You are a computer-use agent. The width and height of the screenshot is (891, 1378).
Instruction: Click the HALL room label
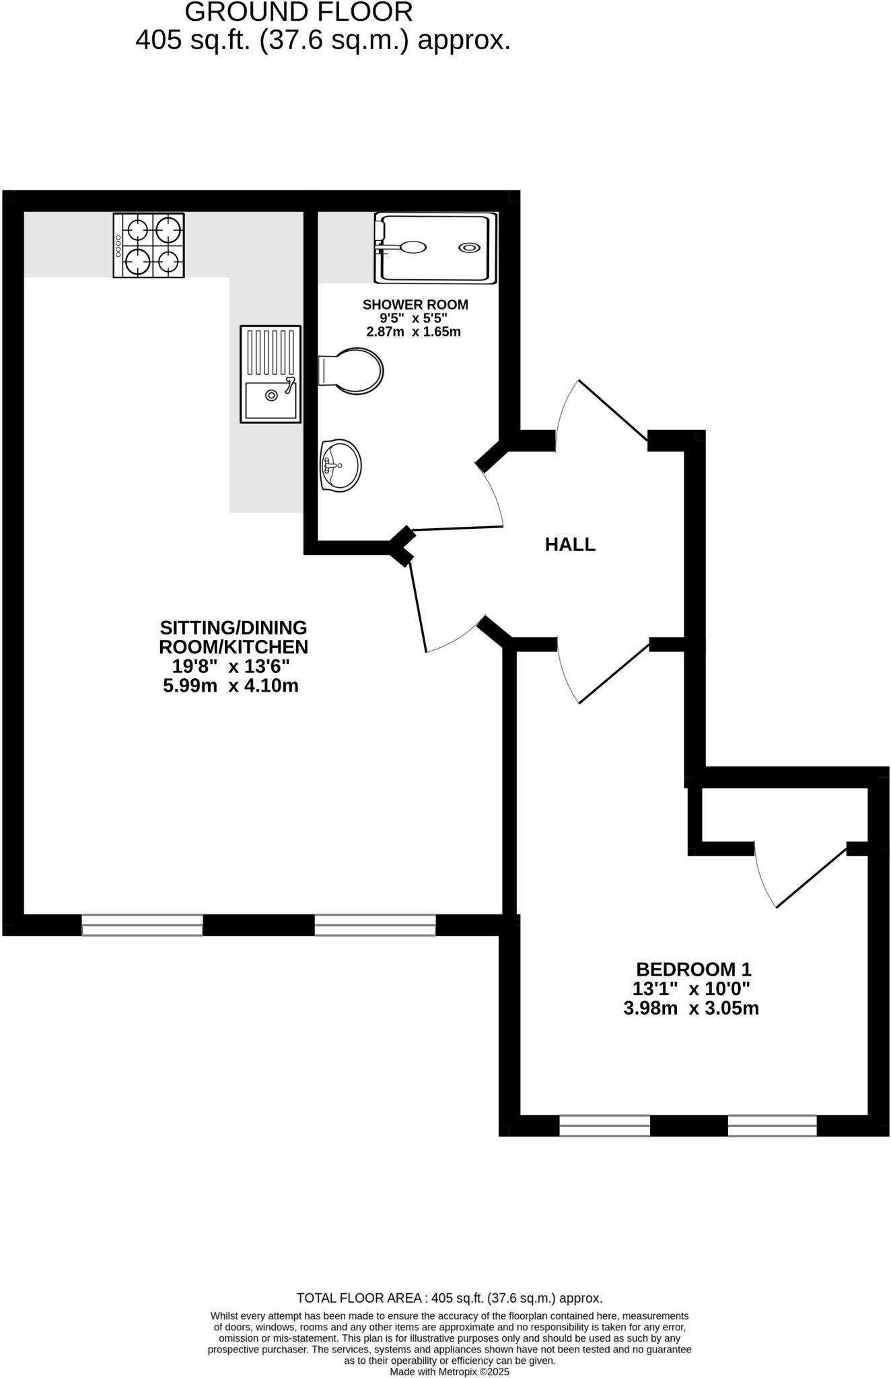[x=570, y=544]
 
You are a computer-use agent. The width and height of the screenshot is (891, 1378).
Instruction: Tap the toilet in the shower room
[x=353, y=371]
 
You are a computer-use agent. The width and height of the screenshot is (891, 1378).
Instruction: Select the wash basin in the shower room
[x=341, y=465]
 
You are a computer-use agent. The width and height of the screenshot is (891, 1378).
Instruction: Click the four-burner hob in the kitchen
[x=149, y=246]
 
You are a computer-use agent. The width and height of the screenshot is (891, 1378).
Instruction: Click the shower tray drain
[x=469, y=248]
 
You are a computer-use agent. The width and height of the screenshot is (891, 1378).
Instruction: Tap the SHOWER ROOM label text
[x=415, y=305]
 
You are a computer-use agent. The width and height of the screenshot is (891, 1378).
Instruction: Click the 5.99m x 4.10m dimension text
[x=231, y=686]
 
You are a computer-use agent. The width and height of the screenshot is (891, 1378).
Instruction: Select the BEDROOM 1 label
[x=693, y=970]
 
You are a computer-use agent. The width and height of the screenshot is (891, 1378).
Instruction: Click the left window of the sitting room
[x=142, y=924]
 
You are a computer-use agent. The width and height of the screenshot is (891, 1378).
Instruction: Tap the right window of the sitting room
[x=375, y=924]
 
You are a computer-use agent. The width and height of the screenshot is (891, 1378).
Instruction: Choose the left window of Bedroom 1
[x=604, y=1126]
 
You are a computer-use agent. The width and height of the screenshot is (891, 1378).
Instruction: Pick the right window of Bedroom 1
[x=772, y=1126]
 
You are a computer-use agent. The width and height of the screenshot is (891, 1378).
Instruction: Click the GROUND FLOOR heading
[x=299, y=12]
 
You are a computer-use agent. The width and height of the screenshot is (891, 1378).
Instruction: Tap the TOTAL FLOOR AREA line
[x=450, y=1298]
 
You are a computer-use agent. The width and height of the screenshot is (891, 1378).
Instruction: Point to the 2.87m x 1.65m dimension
[x=413, y=332]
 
